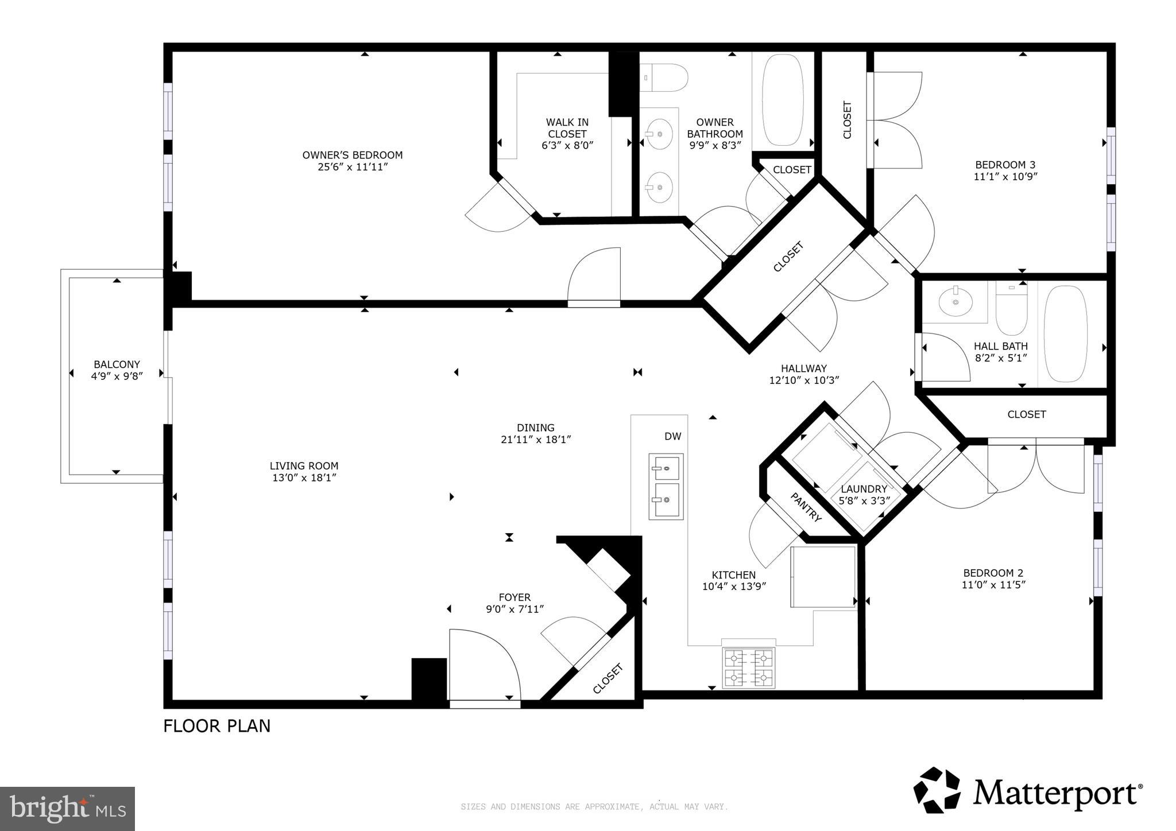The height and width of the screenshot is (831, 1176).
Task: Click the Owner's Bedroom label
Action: coord(352,155)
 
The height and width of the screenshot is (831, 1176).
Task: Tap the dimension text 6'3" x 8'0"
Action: coord(567,146)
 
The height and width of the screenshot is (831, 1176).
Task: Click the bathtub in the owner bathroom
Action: coord(782,100)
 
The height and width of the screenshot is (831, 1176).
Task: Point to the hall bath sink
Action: coord(956,301)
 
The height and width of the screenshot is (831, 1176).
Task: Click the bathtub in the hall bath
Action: coord(1065,334)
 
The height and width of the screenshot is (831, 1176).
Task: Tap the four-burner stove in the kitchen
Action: coord(749,667)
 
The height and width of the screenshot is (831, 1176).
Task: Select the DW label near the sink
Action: coord(672,437)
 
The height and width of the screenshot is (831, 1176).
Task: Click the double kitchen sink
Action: coord(666,486)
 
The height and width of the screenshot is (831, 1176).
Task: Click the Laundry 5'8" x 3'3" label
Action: coord(864,495)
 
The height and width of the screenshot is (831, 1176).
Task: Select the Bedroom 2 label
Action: coord(993,573)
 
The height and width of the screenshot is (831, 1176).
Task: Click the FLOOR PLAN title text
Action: coord(216,726)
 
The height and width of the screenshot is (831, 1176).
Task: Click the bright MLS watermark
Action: coord(67,809)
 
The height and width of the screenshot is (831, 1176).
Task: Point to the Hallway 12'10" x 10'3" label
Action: coord(804,374)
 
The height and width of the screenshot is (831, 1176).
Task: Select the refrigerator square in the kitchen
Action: coord(823,576)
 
